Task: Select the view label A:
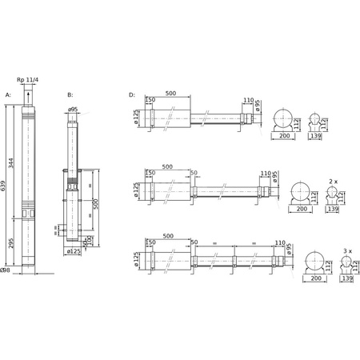[x=8, y=94]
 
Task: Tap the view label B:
[x=70, y=94]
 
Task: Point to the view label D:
[x=132, y=94]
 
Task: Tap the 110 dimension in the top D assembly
[x=248, y=102]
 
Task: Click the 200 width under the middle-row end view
[x=302, y=209]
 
